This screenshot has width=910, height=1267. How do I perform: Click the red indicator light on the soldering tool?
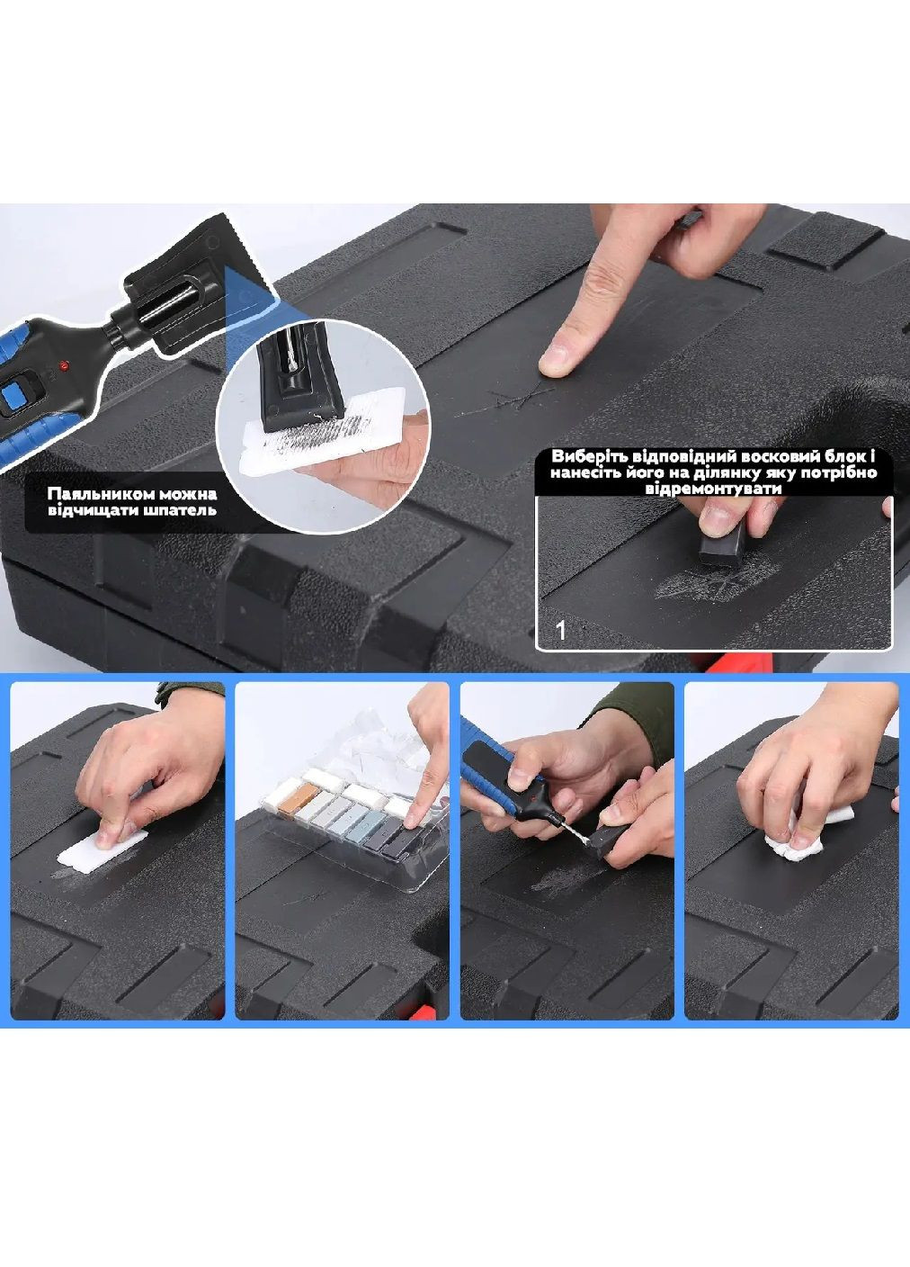click(64, 364)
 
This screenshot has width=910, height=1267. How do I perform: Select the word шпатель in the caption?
click(182, 509)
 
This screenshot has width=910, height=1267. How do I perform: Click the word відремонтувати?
click(714, 488)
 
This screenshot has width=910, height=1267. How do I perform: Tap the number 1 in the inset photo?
click(560, 630)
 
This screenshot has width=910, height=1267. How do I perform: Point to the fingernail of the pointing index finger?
click(557, 358)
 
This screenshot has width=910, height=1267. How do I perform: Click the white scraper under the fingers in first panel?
click(103, 850)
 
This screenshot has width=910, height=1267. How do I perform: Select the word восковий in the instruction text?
click(747, 456)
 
